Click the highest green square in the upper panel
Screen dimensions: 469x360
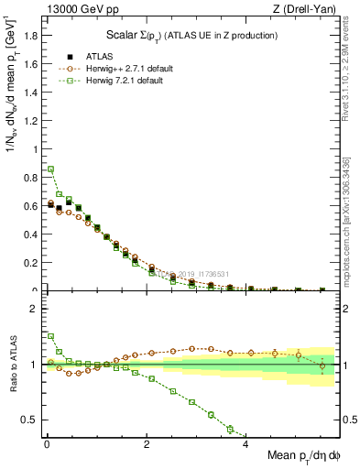51,169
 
